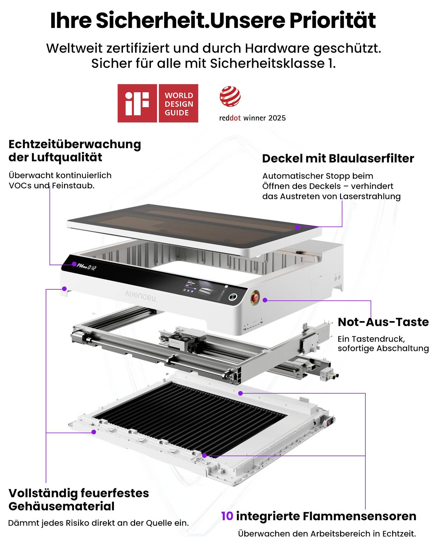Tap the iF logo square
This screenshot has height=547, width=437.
tap(137, 103)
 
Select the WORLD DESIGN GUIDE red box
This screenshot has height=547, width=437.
tap(178, 103)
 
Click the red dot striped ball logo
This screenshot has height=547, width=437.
tap(230, 96)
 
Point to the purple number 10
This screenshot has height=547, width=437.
tap(227, 516)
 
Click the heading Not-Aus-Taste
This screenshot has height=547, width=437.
tap(383, 322)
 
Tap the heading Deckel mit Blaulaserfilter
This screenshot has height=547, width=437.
tap(338, 158)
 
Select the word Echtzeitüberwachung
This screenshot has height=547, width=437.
tap(75, 144)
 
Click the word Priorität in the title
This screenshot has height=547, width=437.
tap(332, 20)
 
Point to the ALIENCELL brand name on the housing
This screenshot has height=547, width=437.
tap(141, 296)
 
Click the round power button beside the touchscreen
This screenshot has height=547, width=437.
tap(232, 297)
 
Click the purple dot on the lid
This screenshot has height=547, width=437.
tap(297, 227)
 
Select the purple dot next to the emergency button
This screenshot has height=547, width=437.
tap(265, 300)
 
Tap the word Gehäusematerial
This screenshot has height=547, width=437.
tap(61, 506)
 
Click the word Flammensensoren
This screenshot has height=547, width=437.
tap(360, 516)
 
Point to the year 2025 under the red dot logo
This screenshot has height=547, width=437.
tap(277, 118)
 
